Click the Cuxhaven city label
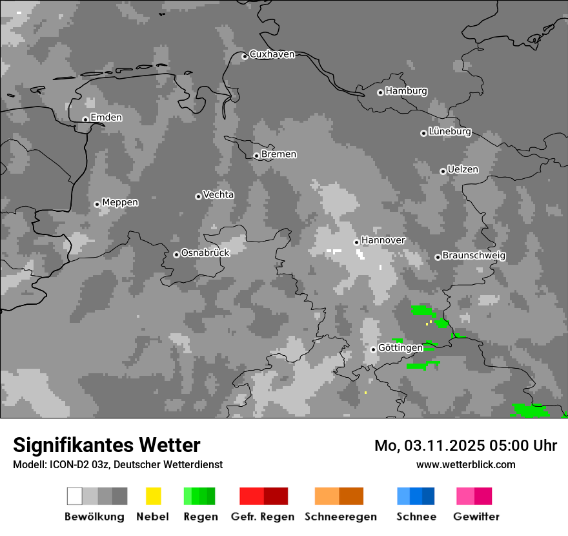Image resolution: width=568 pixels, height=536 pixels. [x=272, y=55]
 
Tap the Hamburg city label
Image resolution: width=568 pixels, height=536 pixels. [x=406, y=91]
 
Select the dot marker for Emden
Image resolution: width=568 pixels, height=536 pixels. [x=85, y=119]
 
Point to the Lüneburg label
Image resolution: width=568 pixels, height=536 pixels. [x=449, y=132]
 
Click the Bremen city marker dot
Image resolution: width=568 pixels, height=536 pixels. [x=256, y=156]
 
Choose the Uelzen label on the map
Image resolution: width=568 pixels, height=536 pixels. [x=463, y=170]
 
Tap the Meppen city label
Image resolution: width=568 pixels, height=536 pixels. [x=120, y=203]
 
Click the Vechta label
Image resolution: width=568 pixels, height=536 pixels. [x=218, y=195]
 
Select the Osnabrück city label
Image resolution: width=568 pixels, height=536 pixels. [x=205, y=253]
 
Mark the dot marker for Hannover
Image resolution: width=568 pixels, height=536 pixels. [x=356, y=242]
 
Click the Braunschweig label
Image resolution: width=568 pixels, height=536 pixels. [x=474, y=256]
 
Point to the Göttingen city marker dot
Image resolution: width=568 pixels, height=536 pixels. [x=373, y=349]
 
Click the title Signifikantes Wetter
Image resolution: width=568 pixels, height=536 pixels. [x=107, y=445]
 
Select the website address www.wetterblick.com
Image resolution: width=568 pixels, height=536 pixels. [x=465, y=464]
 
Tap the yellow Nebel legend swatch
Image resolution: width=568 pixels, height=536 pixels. [x=153, y=496]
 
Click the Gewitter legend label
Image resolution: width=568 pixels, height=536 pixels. [x=476, y=517]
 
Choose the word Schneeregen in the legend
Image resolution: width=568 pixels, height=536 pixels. [x=340, y=517]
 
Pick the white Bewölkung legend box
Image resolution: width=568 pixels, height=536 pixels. [x=74, y=496]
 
